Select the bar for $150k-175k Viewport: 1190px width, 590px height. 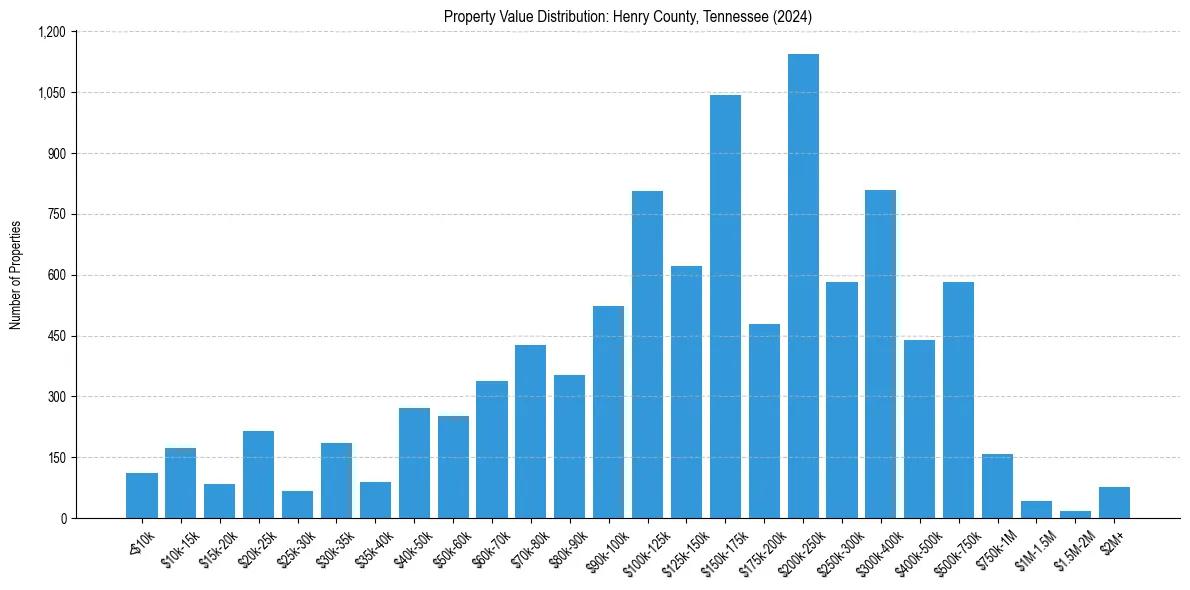point(725,306)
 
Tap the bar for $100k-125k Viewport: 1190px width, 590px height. point(647,354)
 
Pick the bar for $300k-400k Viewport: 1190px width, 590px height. point(880,354)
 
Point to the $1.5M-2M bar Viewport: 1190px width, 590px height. point(1075,514)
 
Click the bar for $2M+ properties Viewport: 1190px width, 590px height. point(1114,502)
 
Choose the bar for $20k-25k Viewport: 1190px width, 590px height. point(258,474)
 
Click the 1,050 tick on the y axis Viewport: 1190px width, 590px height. point(51,93)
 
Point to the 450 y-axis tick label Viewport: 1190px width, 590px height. point(56,336)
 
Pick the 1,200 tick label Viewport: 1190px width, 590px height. point(51,32)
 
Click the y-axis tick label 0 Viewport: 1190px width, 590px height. point(63,518)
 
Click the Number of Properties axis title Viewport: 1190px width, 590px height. point(16,275)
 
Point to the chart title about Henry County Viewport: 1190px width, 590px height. point(628,16)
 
